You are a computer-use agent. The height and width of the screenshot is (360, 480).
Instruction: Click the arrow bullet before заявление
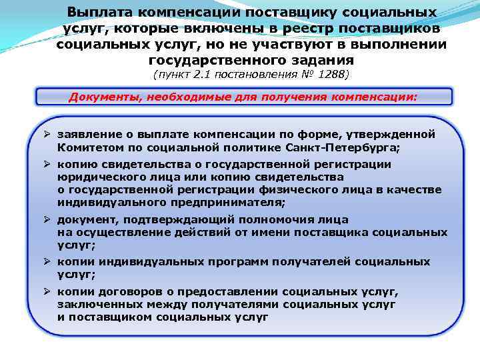pos(48,134)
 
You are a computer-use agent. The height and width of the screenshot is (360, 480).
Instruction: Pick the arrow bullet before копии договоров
pos(48,292)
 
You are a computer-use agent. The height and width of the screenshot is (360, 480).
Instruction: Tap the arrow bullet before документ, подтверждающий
pos(48,220)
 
